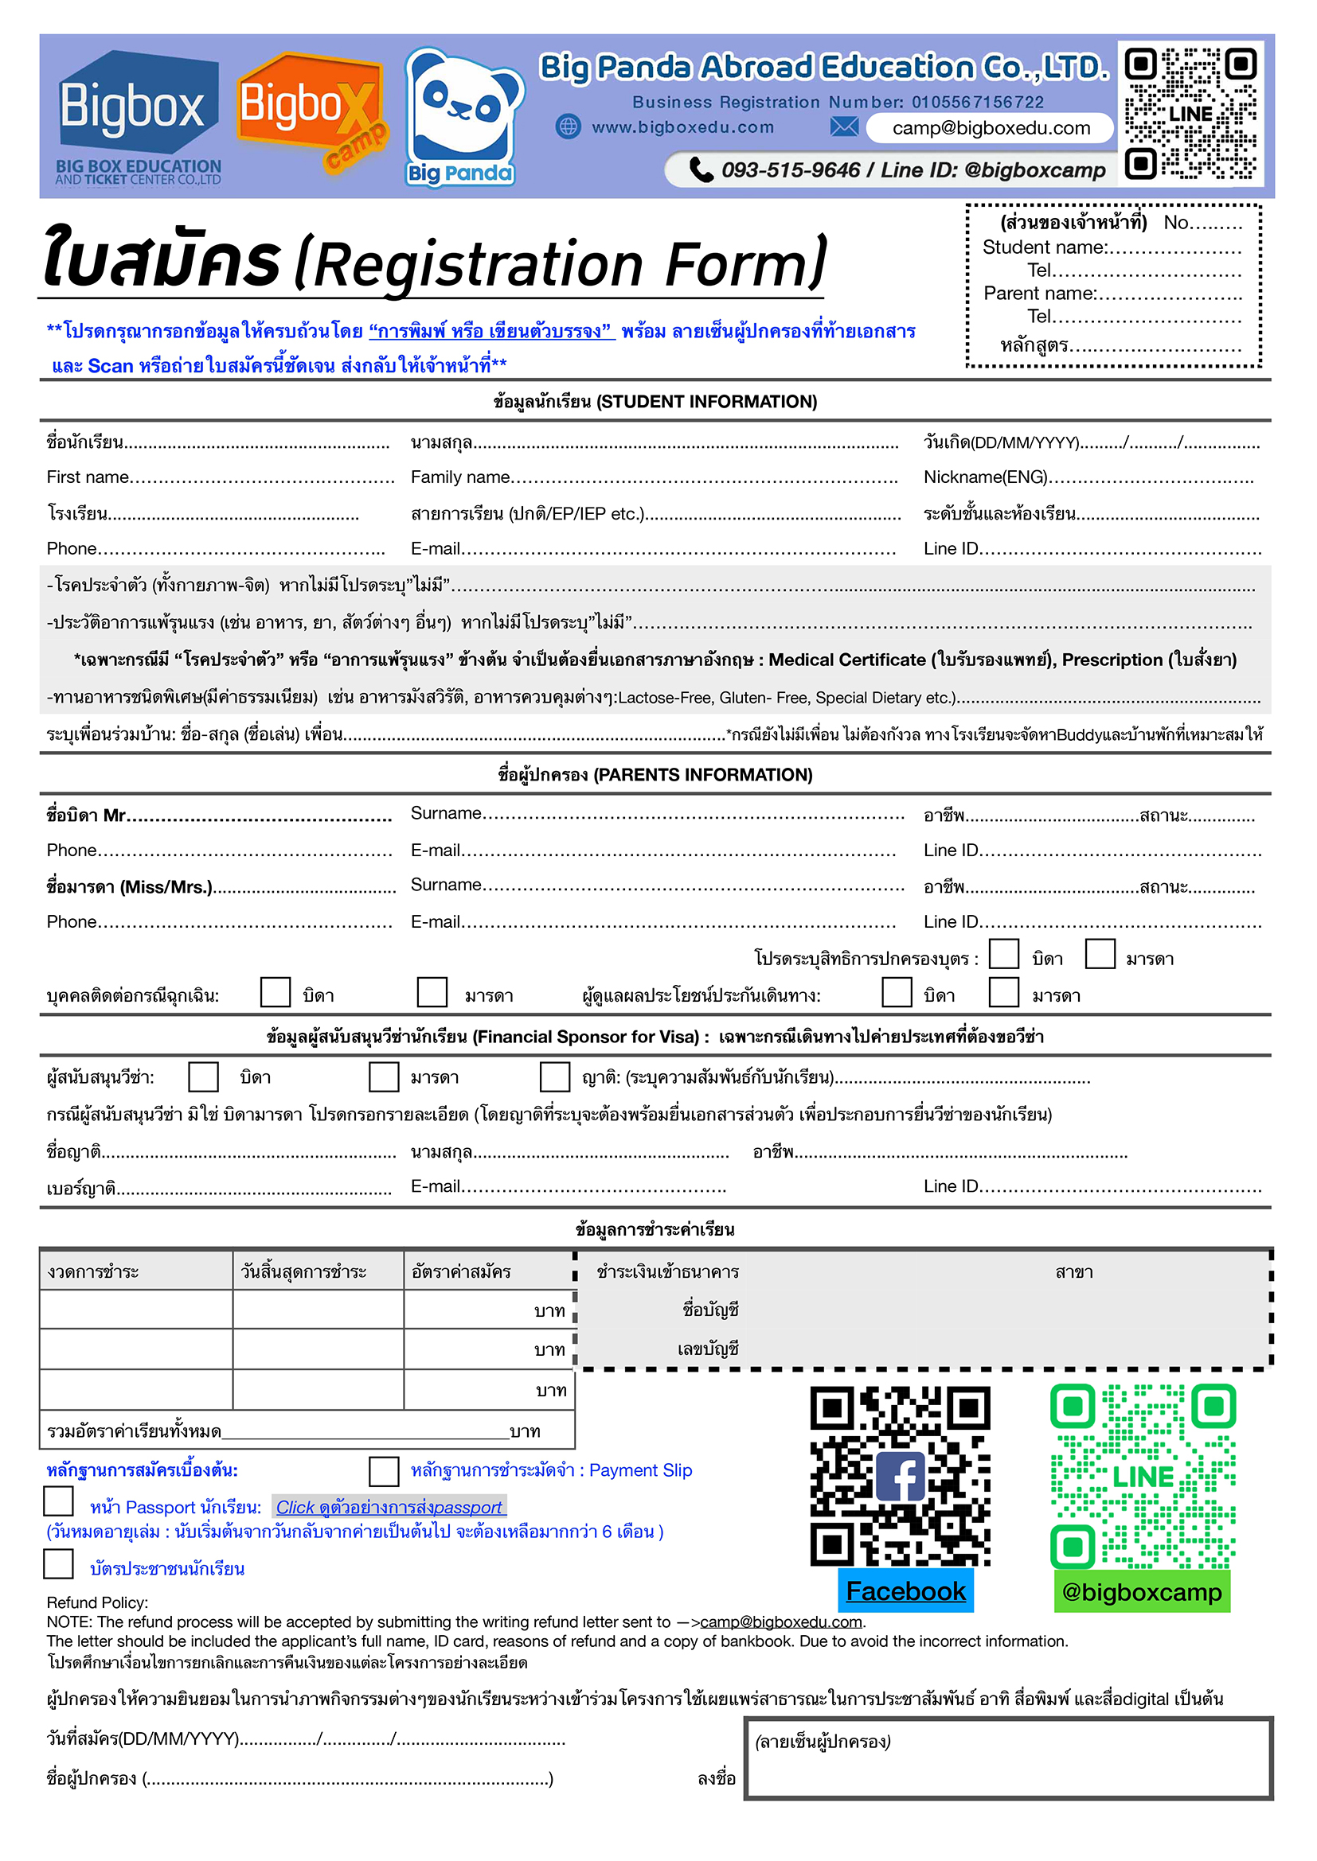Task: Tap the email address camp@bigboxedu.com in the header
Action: [991, 128]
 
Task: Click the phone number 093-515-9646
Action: [790, 170]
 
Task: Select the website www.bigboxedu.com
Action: [682, 127]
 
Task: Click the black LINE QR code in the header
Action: [1190, 114]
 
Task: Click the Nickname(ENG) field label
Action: [985, 477]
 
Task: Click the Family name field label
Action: [459, 477]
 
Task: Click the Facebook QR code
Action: [901, 1477]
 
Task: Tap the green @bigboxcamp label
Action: [1141, 1593]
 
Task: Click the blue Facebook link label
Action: [905, 1592]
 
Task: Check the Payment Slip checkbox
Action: [384, 1471]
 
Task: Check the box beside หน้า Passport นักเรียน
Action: [58, 1501]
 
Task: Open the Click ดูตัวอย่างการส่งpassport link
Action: [389, 1508]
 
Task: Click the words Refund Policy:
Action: [97, 1602]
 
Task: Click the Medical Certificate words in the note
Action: [846, 660]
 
